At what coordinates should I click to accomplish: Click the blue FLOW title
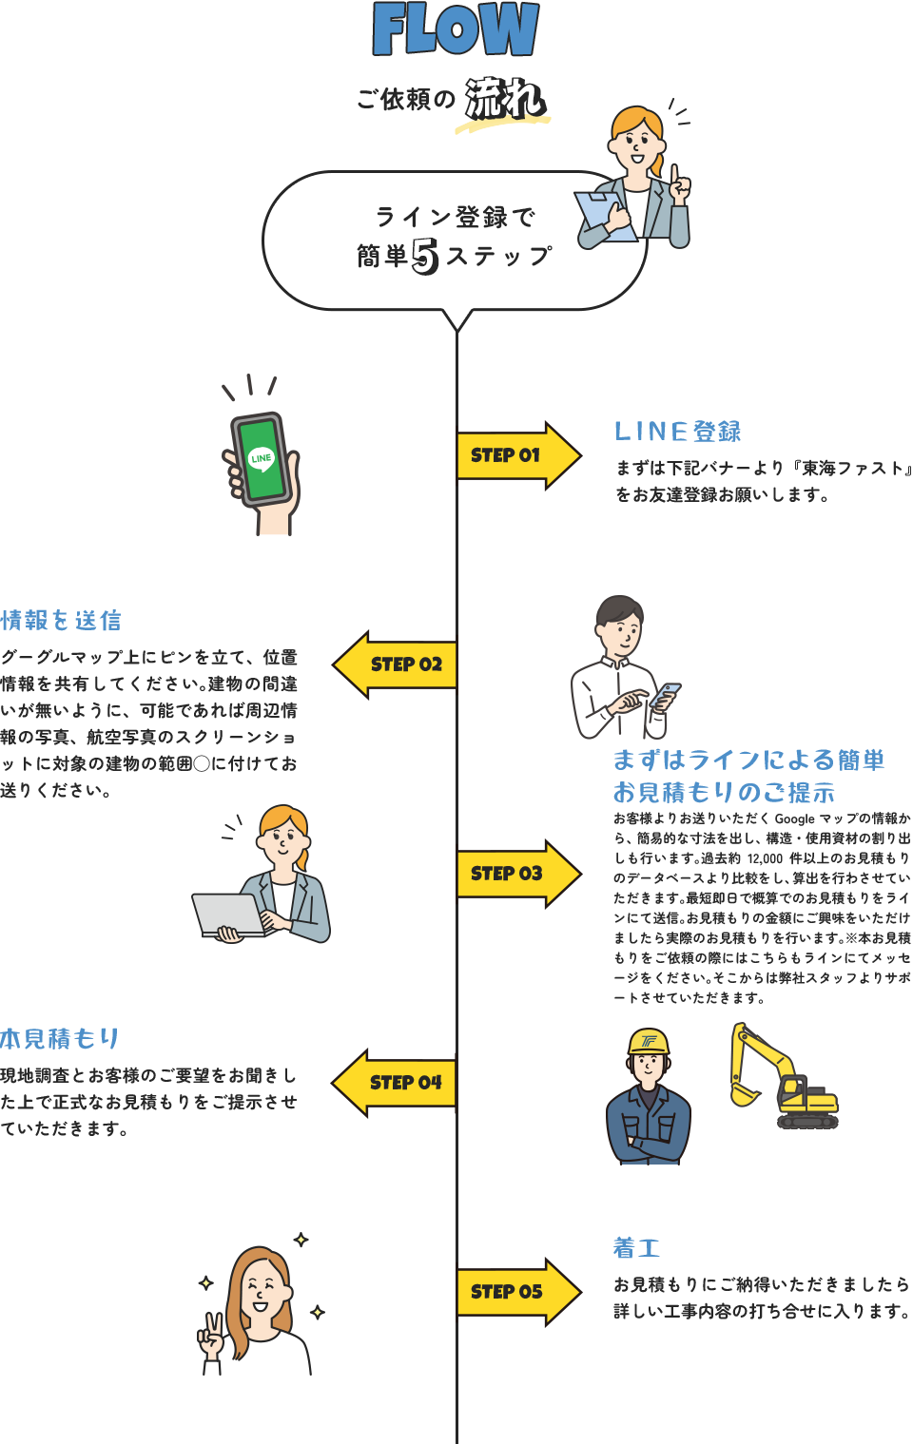point(456,29)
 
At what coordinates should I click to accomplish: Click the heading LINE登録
point(677,432)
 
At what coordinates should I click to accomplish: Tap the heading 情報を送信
point(61,621)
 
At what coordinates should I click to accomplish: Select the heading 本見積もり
point(60,1038)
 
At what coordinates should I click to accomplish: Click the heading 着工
point(636,1247)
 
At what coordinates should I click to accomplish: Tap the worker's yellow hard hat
point(649,1042)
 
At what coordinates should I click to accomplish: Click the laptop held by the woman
point(228,915)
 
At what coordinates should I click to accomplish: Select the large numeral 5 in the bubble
point(425,257)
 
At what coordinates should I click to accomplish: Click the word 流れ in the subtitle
point(503,99)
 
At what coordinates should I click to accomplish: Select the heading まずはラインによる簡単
point(748,760)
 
